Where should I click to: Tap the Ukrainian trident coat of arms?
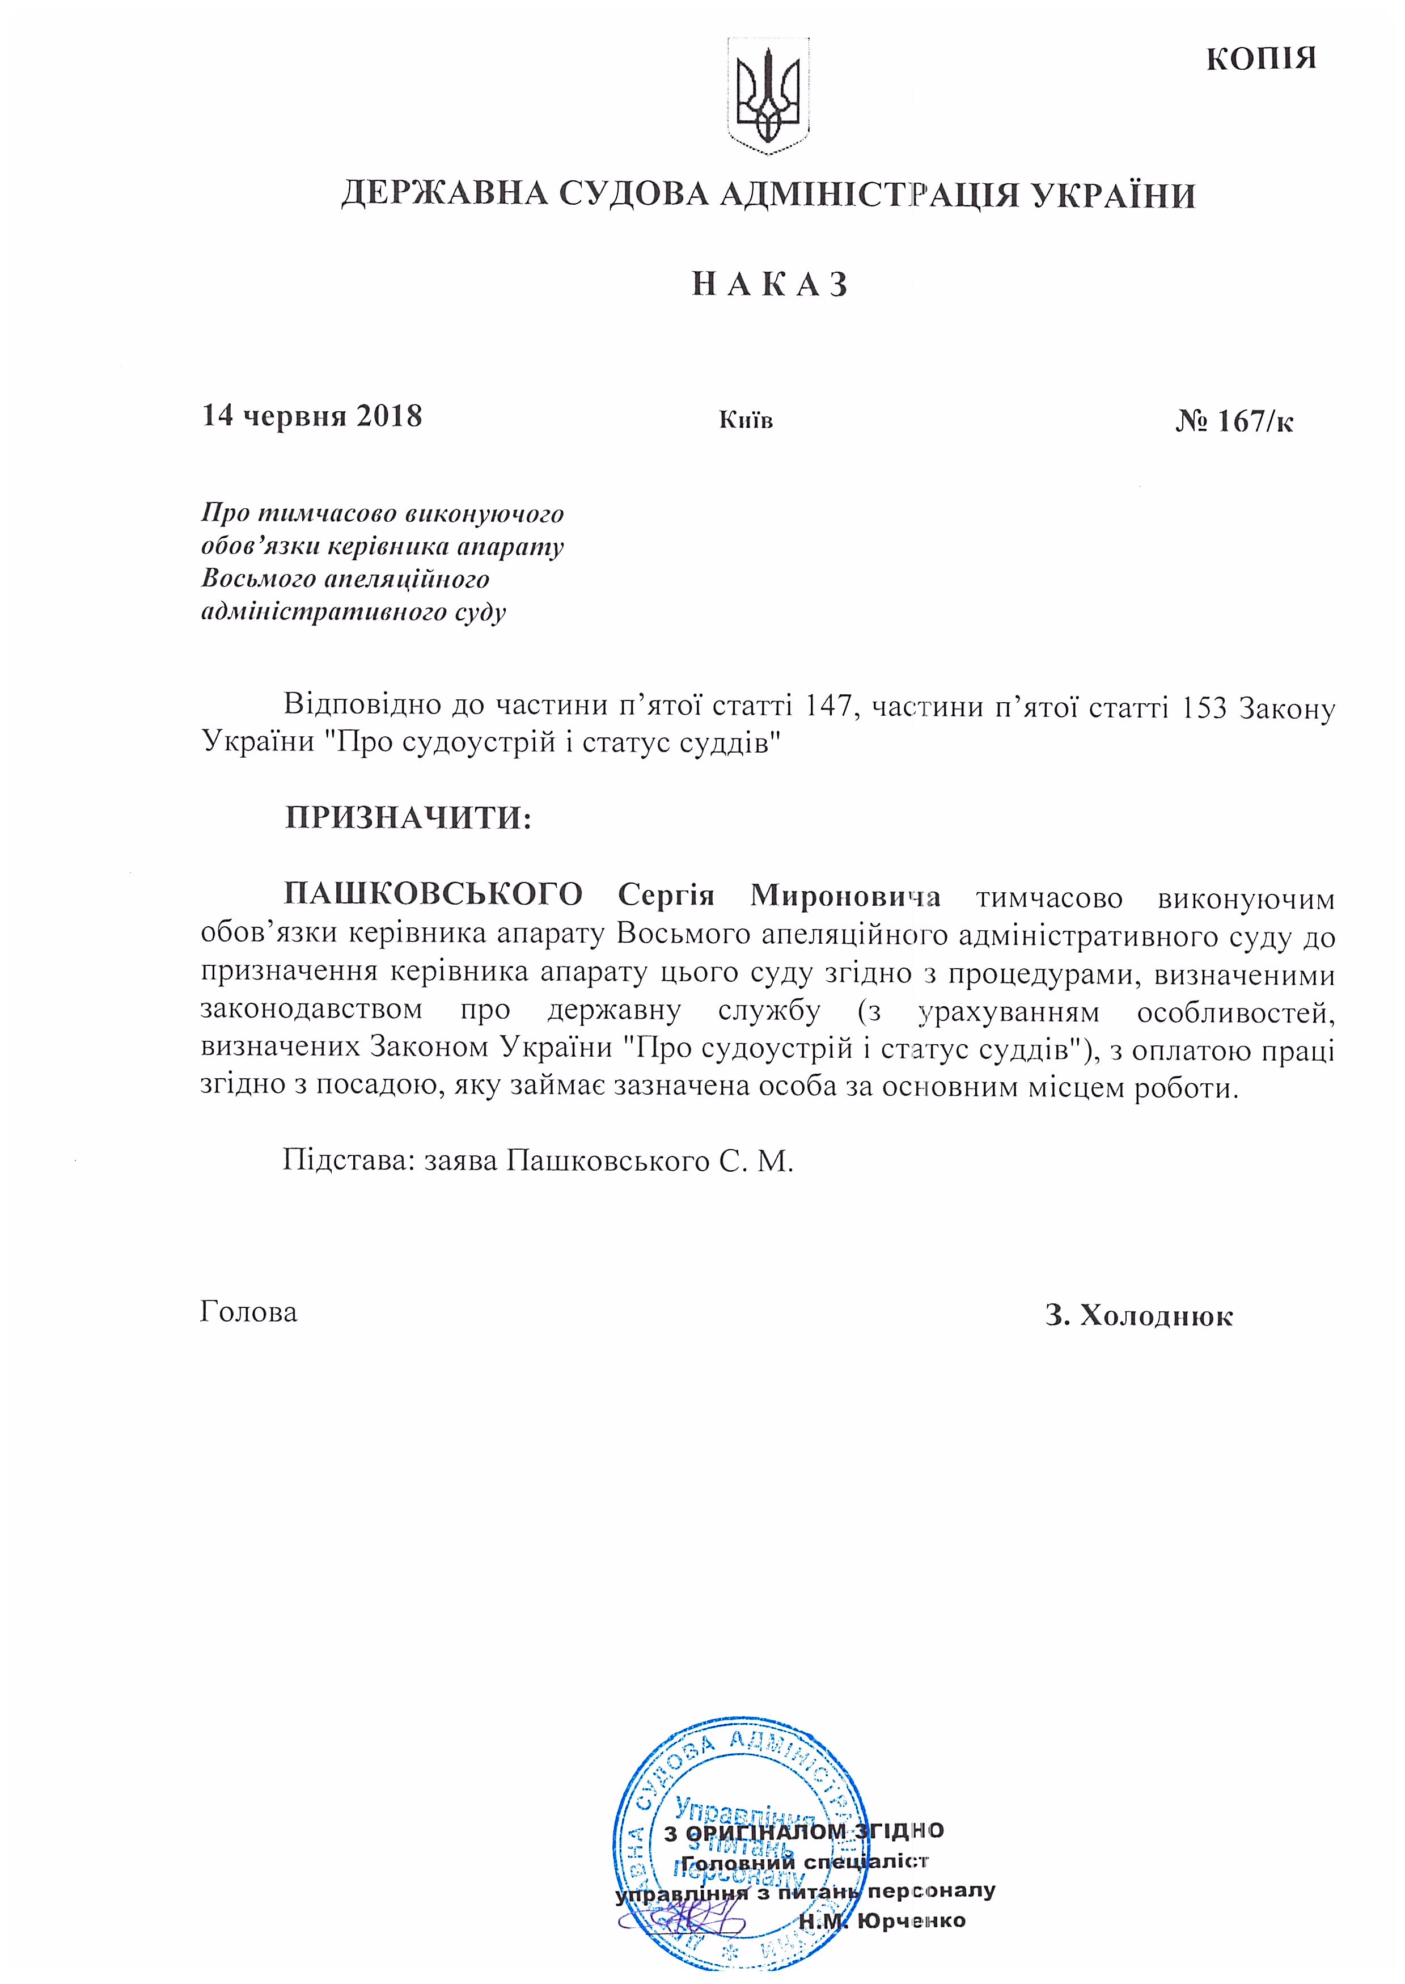tap(767, 96)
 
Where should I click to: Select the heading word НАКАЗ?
tap(769, 285)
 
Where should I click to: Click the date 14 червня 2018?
tap(311, 416)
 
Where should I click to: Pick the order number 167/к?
tap(1234, 421)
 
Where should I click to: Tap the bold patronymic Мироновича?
tap(844, 894)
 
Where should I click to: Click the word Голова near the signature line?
tap(248, 1312)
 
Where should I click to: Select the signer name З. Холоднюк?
tap(1139, 1316)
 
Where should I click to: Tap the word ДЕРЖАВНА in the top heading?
tap(444, 194)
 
